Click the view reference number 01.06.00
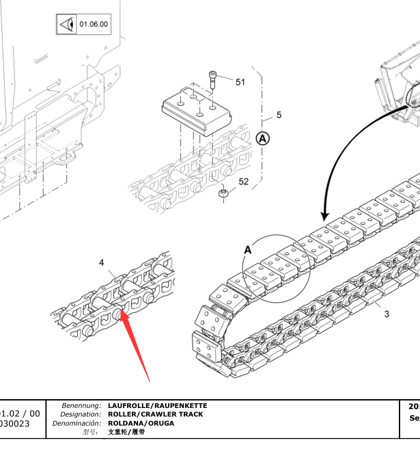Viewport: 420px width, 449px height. click(94, 25)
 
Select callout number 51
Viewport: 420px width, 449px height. click(240, 82)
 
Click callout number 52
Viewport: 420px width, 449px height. click(243, 182)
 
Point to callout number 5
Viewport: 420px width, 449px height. click(279, 115)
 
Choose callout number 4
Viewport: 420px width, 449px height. click(102, 262)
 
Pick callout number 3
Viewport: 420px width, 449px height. click(387, 314)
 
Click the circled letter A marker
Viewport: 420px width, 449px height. click(263, 139)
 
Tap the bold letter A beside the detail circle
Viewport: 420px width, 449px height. click(248, 250)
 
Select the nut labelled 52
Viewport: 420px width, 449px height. click(223, 195)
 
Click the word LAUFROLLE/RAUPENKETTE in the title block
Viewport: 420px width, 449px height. click(157, 406)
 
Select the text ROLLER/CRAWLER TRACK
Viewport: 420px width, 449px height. click(155, 414)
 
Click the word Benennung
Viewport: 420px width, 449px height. click(81, 406)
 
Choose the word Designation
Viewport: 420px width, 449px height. click(81, 414)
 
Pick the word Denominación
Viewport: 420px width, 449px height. click(76, 423)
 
